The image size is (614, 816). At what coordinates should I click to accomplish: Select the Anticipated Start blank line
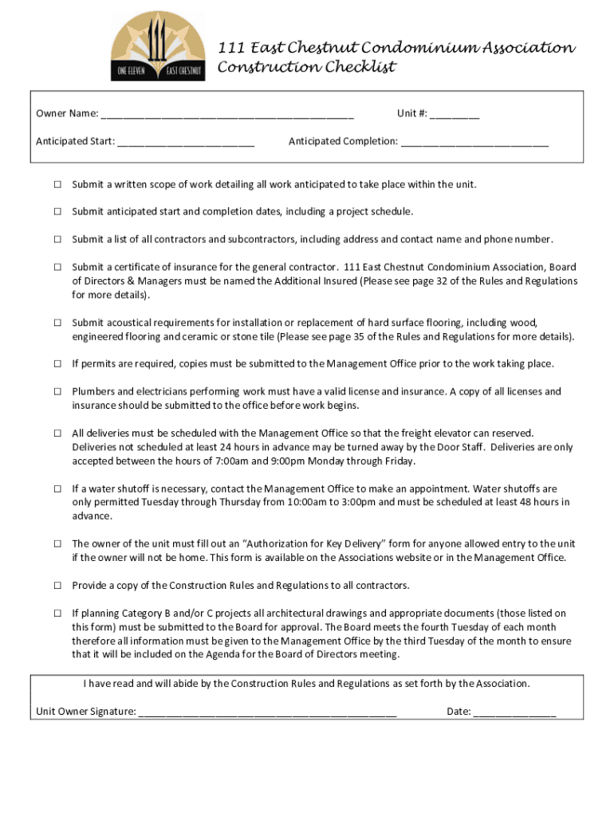point(186,143)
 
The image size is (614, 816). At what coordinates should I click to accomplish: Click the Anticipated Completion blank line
point(474,143)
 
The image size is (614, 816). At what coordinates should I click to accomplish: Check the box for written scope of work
point(57,185)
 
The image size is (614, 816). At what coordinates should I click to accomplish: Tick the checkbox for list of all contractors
point(57,240)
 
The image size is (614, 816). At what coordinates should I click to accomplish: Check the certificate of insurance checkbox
point(57,268)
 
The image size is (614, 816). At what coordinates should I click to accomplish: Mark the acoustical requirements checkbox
point(57,323)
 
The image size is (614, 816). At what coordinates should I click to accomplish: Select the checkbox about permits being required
point(57,364)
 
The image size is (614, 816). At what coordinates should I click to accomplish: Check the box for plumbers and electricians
point(57,392)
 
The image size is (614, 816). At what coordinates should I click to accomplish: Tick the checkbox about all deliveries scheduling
point(57,433)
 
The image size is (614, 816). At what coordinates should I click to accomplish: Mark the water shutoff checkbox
point(57,488)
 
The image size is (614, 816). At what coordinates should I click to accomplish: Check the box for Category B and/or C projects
point(57,614)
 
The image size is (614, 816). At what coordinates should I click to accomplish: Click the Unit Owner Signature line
point(267,712)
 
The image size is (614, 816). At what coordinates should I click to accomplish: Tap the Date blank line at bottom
point(514,712)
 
